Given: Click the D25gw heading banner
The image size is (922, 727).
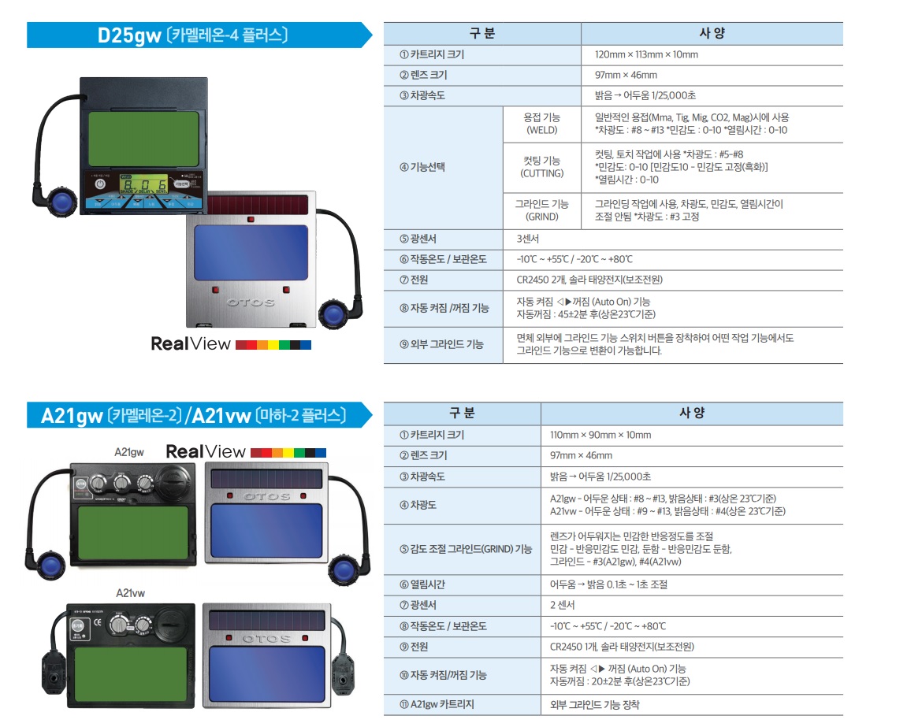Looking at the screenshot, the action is [x=199, y=35].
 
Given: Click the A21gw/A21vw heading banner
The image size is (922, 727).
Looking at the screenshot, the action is [x=199, y=415].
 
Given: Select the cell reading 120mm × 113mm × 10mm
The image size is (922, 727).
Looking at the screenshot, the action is [x=712, y=54].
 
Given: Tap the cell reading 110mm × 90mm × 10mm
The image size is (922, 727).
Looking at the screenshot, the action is [x=692, y=435].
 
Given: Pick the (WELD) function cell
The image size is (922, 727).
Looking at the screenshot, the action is [x=541, y=124].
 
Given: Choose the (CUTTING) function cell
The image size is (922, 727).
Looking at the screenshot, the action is [x=541, y=167].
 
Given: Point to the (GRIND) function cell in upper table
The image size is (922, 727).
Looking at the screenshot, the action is [x=541, y=210].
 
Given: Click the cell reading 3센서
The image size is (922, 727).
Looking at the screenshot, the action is [x=673, y=239].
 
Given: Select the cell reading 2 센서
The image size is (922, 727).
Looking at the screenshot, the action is [x=692, y=605].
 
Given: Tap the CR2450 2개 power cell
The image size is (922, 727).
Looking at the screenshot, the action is [x=673, y=280].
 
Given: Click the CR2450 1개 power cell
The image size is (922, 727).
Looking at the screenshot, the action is [x=692, y=647].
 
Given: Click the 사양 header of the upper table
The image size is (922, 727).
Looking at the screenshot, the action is [x=712, y=34].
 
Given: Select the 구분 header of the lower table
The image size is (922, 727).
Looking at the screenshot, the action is [x=462, y=414].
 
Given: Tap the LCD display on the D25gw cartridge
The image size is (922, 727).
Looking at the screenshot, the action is [x=143, y=184].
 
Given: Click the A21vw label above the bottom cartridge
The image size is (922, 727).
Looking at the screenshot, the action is [x=131, y=593].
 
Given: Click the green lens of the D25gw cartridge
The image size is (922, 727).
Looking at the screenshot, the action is [x=143, y=139].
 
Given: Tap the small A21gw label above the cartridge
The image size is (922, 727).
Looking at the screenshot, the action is [x=129, y=452].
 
